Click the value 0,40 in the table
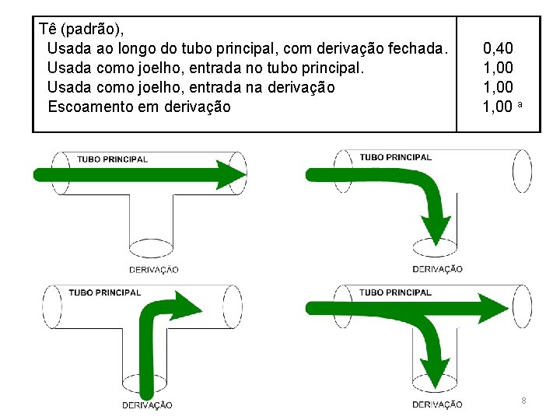[x=498, y=49]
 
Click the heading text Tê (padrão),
[x=81, y=30]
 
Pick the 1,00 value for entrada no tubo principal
[x=498, y=68]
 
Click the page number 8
[x=523, y=401]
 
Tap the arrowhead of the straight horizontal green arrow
[x=230, y=173]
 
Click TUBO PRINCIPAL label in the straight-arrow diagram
[x=112, y=159]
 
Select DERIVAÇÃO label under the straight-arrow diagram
[x=153, y=270]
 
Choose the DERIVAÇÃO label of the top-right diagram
[x=437, y=269]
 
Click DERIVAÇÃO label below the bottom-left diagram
[x=147, y=405]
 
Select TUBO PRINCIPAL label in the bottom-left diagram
[x=105, y=293]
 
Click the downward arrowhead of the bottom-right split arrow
[x=436, y=366]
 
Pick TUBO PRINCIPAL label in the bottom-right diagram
[x=395, y=293]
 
